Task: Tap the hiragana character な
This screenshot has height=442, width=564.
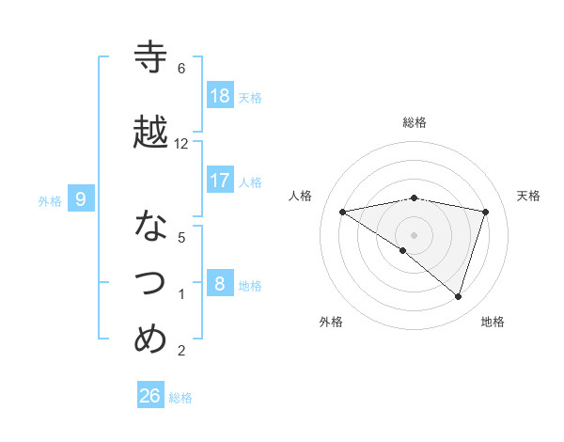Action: pos(150,226)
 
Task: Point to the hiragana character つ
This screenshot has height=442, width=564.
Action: pos(150,281)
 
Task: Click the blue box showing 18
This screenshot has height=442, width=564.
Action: pos(220,96)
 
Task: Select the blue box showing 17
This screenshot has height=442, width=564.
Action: pos(220,181)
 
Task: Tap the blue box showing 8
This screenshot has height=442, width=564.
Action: pos(220,283)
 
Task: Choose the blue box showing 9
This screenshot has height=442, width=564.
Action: pos(81,198)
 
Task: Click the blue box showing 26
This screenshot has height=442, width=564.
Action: pos(150,396)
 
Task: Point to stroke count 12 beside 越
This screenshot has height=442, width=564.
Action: pos(181,144)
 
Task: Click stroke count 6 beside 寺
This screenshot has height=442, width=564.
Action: pos(181,69)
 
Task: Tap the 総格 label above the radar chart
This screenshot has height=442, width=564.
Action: pos(415,122)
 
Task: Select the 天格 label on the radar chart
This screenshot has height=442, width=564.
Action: pos(529,196)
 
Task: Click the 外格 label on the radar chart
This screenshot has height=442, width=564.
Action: pos(331,322)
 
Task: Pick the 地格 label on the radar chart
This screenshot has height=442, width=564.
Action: pos(493,322)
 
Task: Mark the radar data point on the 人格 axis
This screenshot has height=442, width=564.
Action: pos(343,212)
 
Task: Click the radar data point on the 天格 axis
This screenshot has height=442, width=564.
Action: pos(486,212)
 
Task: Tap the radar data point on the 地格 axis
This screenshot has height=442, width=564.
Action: pos(458,296)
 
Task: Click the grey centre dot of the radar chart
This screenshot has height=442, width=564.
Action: pos(414,234)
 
